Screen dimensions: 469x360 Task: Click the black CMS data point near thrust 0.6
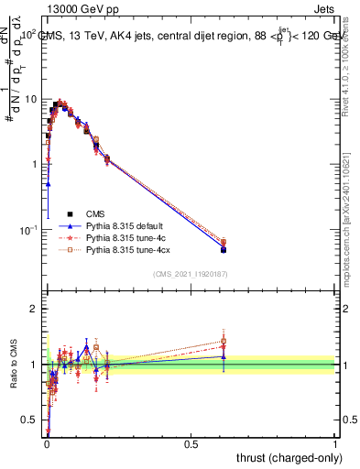pyautogui.click(x=224, y=249)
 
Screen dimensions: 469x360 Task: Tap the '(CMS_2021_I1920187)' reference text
pyautogui.click(x=190, y=273)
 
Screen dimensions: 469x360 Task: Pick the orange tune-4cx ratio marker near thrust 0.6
pyautogui.click(x=224, y=342)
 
